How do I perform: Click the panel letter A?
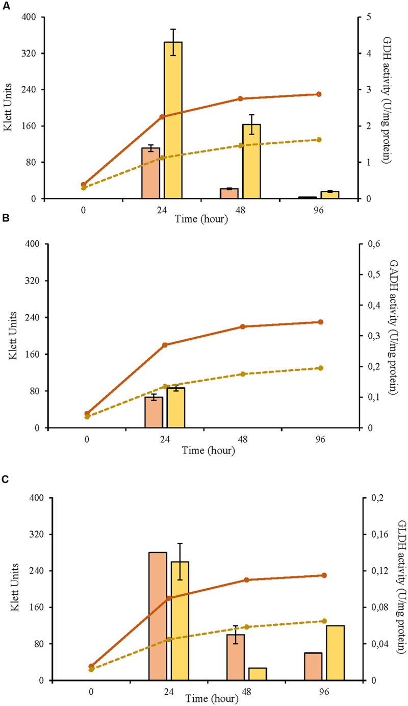pos(6,5)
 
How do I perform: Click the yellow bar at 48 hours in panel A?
pos(251,161)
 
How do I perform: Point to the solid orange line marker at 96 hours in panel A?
pos(319,94)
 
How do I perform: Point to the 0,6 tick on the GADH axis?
pos(374,244)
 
